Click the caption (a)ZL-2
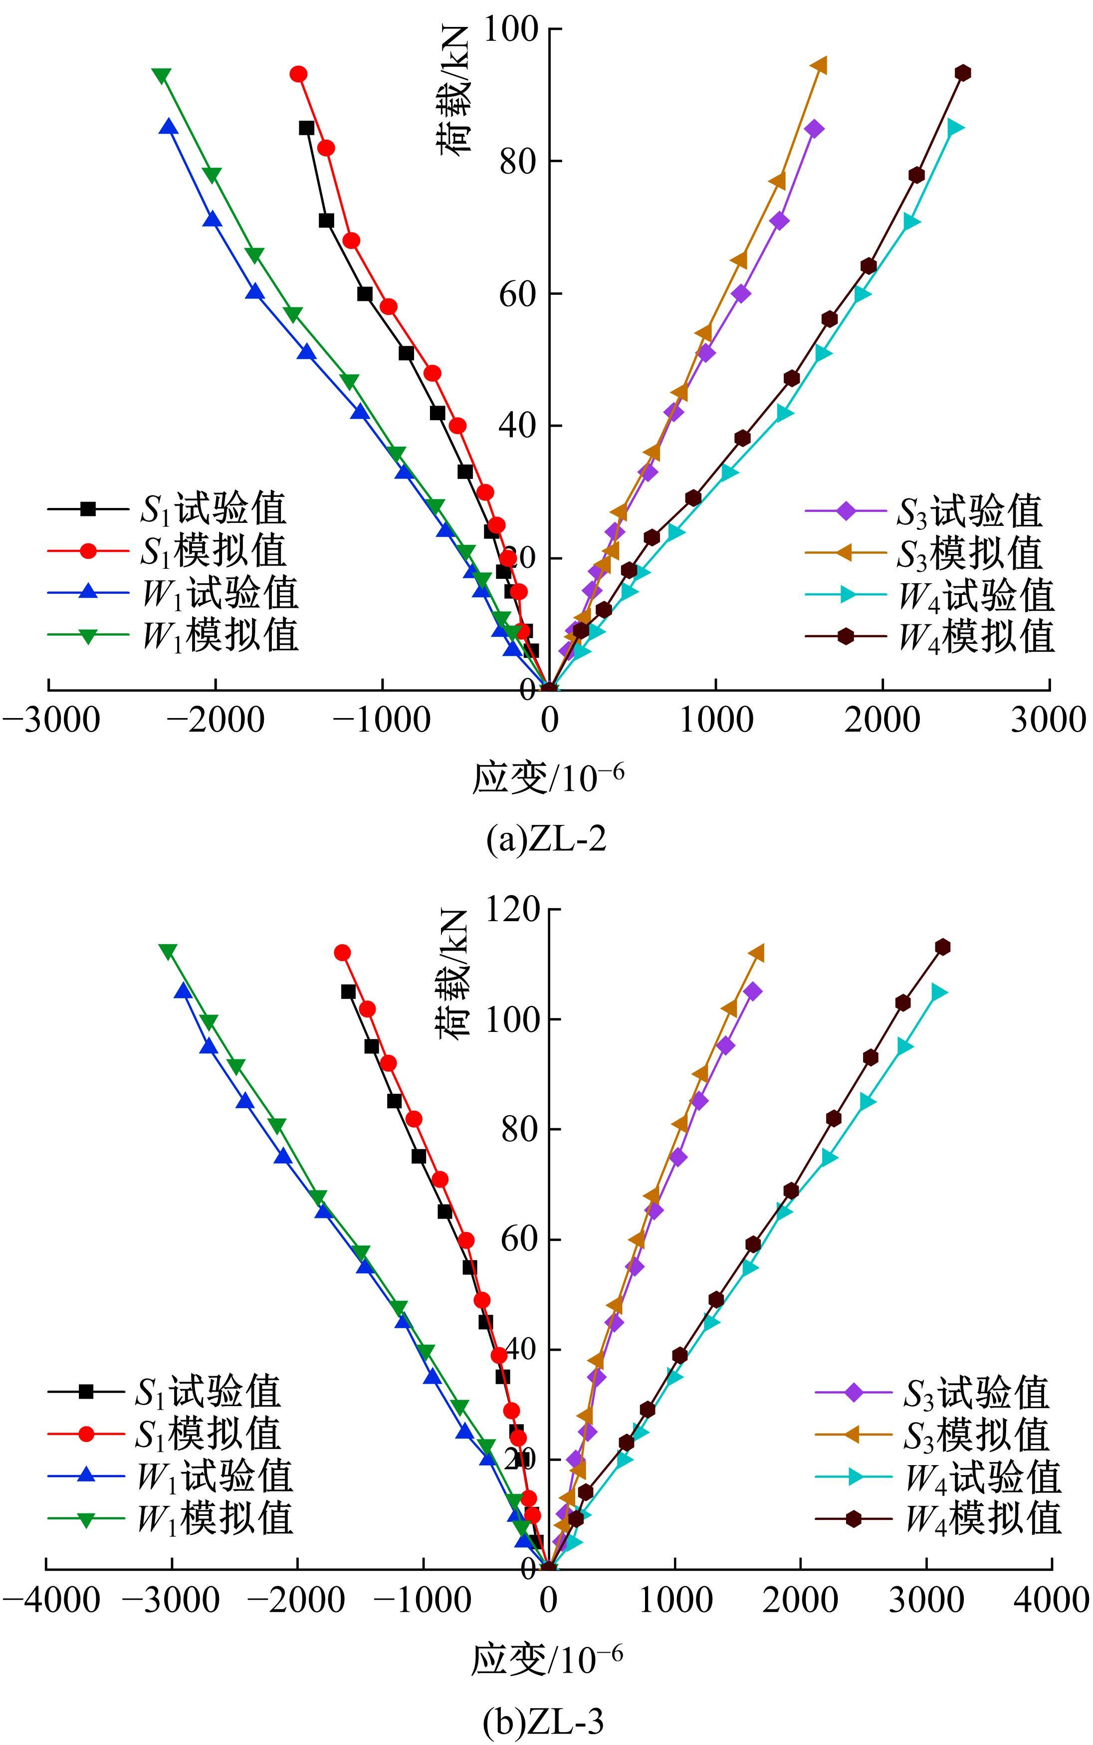546,839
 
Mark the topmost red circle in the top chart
298,74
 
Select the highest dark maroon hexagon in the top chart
962,72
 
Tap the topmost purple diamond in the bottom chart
752,991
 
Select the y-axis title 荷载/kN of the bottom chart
453,974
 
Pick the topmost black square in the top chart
306,128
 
